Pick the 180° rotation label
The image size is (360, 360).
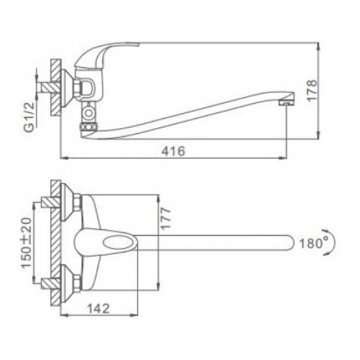tap(314, 243)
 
